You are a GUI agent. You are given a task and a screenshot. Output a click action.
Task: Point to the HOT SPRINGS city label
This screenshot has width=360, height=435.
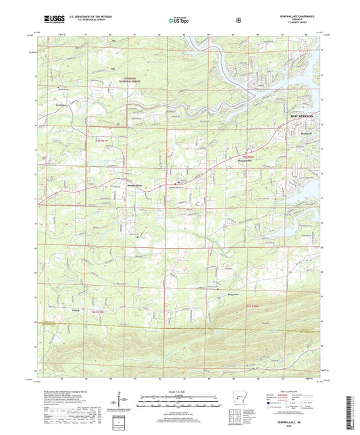tap(303, 117)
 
